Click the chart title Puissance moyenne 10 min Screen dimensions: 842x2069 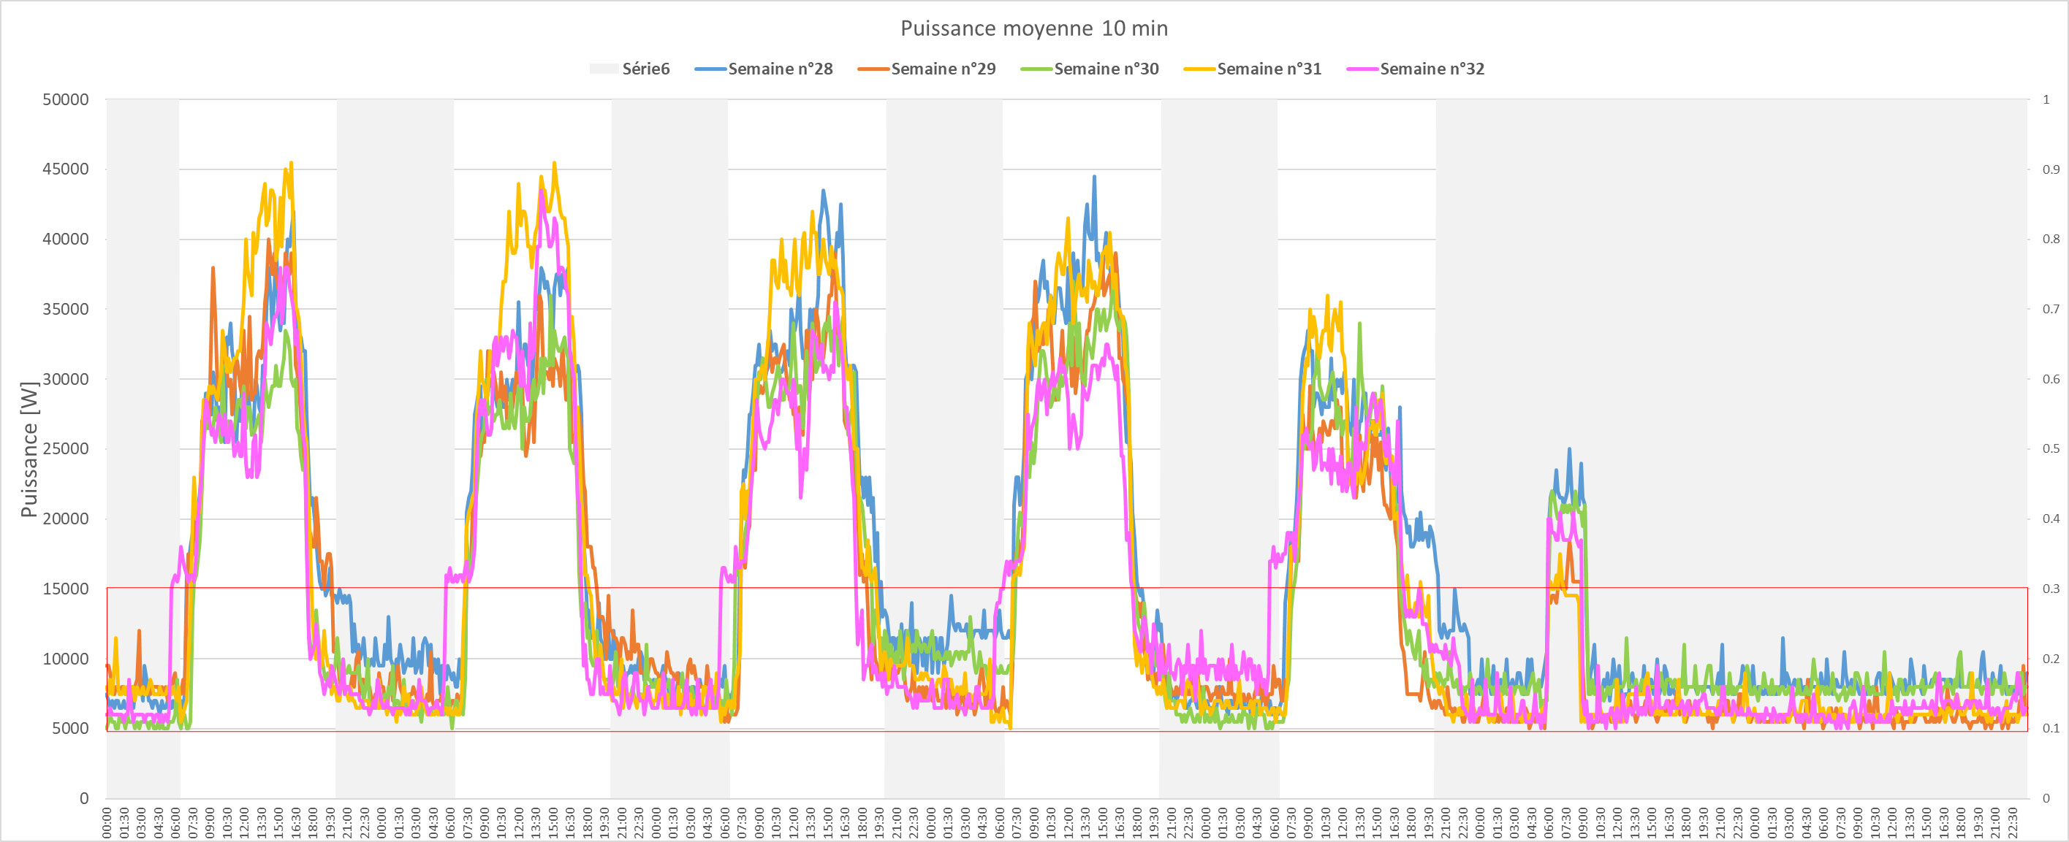(1033, 29)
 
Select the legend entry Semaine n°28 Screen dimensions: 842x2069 (780, 69)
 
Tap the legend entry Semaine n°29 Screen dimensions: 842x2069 (943, 69)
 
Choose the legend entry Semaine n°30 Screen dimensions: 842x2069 (1106, 69)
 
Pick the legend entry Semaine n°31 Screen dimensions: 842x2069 (1269, 69)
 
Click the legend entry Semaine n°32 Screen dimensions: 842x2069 (1432, 69)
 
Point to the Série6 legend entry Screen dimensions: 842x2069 (645, 69)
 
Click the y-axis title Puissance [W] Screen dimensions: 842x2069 (30, 450)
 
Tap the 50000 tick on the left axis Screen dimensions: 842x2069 (65, 99)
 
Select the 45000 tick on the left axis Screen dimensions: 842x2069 (65, 169)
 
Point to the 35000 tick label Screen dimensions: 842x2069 (65, 309)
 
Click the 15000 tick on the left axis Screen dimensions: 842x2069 (65, 589)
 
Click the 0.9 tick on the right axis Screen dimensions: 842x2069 (2051, 169)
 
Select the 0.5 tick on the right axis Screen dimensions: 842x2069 (2051, 448)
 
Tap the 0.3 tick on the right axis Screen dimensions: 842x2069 (2051, 589)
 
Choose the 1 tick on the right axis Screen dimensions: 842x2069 (2046, 99)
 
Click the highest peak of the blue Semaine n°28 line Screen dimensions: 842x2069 (1094, 177)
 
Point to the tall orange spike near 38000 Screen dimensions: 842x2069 (213, 269)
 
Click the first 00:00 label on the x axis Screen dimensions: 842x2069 (107, 823)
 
